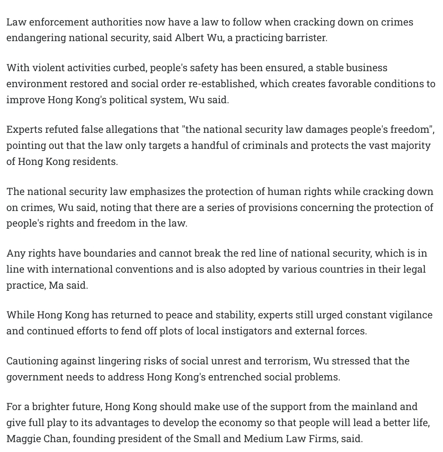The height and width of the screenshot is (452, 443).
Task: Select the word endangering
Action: click(x=36, y=38)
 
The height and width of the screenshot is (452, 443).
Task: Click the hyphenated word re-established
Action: click(x=222, y=83)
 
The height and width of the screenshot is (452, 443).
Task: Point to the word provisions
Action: click(x=272, y=208)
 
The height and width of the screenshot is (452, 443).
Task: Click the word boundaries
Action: click(x=109, y=253)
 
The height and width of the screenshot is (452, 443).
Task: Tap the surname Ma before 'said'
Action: click(x=56, y=285)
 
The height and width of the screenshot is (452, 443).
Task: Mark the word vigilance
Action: click(x=409, y=315)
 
